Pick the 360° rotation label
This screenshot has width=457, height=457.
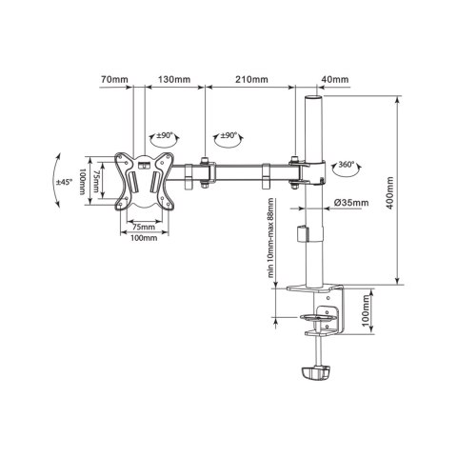pos(348,165)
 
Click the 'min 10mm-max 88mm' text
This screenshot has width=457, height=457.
pos(274,238)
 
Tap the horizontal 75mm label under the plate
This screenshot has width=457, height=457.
pos(143,227)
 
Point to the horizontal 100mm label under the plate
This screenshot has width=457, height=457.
pos(143,239)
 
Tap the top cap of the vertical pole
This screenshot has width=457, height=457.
pos(311,97)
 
